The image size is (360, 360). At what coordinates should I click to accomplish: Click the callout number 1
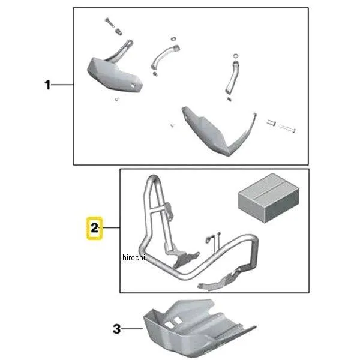(x=47, y=85)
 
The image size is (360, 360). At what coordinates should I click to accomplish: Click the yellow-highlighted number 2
(x=94, y=228)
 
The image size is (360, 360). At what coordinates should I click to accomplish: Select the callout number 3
(x=116, y=329)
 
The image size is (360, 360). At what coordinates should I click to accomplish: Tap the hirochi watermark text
(x=134, y=257)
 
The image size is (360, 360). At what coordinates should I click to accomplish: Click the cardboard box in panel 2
(x=269, y=198)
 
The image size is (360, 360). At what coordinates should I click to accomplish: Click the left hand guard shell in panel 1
(x=115, y=74)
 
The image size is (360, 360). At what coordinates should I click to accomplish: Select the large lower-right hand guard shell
(x=218, y=131)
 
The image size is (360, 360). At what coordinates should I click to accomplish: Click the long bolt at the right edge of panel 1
(x=287, y=128)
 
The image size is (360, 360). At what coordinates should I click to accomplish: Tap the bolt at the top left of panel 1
(x=110, y=23)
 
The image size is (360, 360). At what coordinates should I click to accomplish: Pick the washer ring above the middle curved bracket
(x=174, y=38)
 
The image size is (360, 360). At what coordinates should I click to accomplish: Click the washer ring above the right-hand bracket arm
(x=236, y=56)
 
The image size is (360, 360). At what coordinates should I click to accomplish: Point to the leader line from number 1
(x=62, y=85)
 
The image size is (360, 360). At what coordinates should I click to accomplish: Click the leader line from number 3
(x=132, y=329)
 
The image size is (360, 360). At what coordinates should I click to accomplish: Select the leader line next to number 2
(x=111, y=227)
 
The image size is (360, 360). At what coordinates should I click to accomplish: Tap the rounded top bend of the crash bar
(x=153, y=178)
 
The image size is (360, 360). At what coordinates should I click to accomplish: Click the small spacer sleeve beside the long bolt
(x=271, y=123)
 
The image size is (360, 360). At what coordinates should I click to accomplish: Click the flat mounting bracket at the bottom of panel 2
(x=220, y=281)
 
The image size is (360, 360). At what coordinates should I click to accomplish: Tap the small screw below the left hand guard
(x=117, y=99)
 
